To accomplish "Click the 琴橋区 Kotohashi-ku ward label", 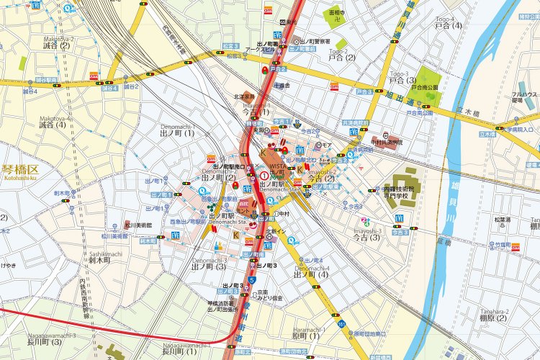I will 23,171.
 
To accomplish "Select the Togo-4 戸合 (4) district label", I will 447,25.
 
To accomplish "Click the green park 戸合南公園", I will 425,85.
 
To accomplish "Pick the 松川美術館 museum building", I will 127,225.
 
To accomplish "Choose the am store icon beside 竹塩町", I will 516,248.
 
